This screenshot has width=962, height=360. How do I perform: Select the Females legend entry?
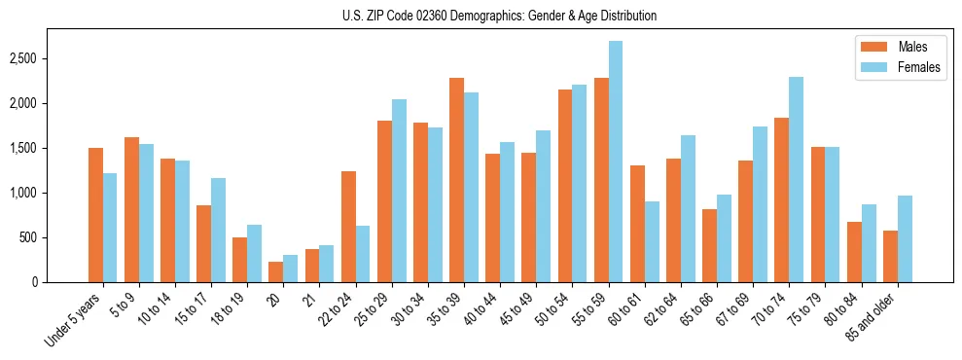(x=900, y=68)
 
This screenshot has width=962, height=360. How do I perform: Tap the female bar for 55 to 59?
(x=615, y=162)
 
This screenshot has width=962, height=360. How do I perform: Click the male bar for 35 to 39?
(x=456, y=180)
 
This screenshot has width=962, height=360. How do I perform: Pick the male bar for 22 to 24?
(x=348, y=227)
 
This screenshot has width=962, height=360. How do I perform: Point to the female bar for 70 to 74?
(x=796, y=179)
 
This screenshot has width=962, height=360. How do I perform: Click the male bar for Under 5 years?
(x=95, y=215)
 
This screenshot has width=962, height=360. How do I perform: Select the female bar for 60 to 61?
(x=651, y=241)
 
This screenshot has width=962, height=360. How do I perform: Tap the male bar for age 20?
(x=276, y=271)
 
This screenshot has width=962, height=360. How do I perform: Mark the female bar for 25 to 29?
(x=399, y=191)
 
